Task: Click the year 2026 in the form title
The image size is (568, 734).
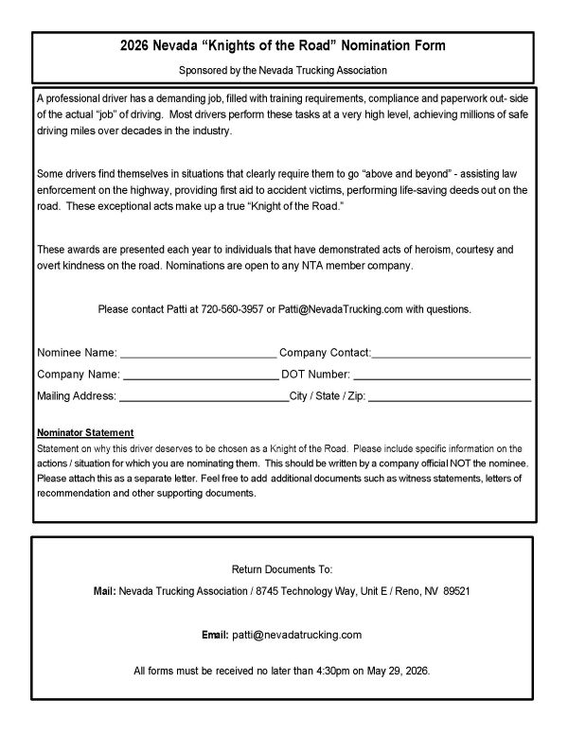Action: tap(139, 44)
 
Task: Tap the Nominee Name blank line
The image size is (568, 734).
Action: tap(198, 355)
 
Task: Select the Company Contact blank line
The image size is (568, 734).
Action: tap(451, 355)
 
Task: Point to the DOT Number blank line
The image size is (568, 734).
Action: tap(442, 376)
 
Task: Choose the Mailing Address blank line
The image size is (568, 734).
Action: tap(204, 396)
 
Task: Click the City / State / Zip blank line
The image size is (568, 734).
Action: tap(449, 396)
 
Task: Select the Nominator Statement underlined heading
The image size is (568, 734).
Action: tap(85, 432)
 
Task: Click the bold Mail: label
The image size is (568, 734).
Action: tap(104, 590)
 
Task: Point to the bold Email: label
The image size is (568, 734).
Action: tap(215, 634)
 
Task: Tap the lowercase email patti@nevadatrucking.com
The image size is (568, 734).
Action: tap(297, 634)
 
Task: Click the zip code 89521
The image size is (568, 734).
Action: tap(454, 590)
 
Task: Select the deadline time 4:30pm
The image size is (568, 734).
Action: tap(326, 671)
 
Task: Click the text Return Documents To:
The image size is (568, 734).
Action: tap(283, 570)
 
